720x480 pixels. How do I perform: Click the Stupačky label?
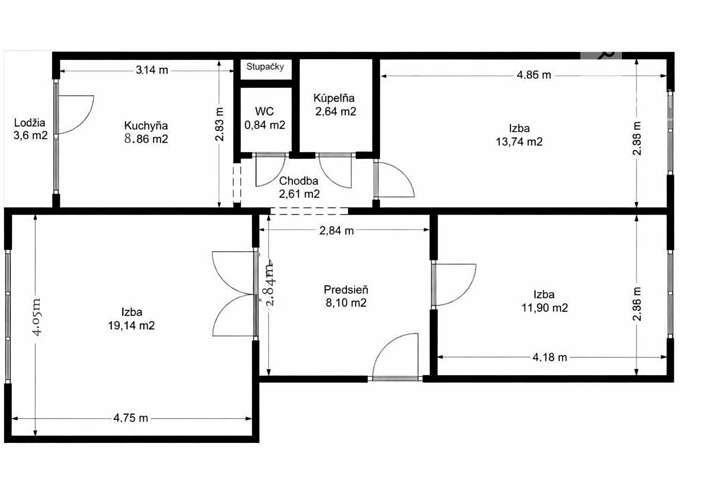(x=265, y=67)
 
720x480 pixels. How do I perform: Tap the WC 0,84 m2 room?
(x=264, y=118)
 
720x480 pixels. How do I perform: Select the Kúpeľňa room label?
(x=334, y=98)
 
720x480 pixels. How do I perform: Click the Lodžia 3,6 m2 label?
(x=30, y=128)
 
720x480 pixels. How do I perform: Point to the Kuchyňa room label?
(x=146, y=125)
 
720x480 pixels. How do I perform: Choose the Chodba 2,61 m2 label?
(x=299, y=187)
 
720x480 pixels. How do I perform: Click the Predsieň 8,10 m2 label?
(x=346, y=296)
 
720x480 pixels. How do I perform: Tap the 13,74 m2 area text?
(x=519, y=142)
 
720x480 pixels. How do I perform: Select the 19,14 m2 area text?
(x=131, y=326)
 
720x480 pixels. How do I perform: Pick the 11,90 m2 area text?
(x=545, y=308)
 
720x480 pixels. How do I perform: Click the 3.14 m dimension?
(x=152, y=70)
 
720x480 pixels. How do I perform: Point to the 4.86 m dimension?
(x=534, y=75)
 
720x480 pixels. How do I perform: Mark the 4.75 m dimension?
(x=130, y=418)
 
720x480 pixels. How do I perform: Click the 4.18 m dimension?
(x=550, y=357)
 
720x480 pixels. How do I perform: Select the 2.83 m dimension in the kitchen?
(x=219, y=124)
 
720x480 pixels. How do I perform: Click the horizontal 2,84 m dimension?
(x=337, y=231)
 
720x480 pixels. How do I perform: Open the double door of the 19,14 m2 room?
(x=235, y=294)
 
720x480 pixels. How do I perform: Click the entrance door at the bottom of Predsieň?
(x=395, y=357)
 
